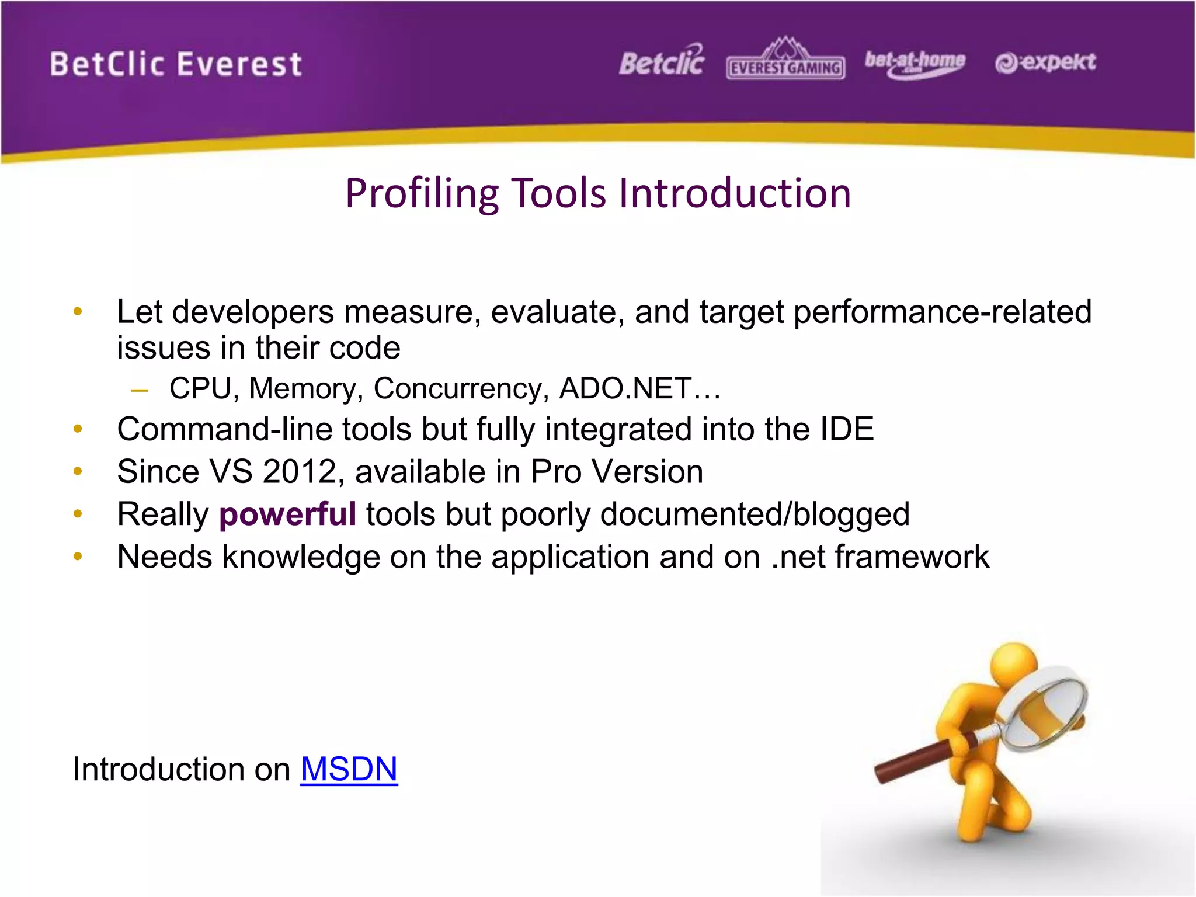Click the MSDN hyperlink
click(x=349, y=769)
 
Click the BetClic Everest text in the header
click(x=175, y=64)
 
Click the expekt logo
click(x=1045, y=62)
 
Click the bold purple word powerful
click(x=287, y=514)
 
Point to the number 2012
click(x=300, y=472)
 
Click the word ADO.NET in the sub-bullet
click(x=625, y=388)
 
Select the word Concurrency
click(x=461, y=388)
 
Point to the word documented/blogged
click(x=755, y=514)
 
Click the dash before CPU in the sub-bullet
click(x=140, y=390)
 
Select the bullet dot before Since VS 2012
click(x=78, y=471)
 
